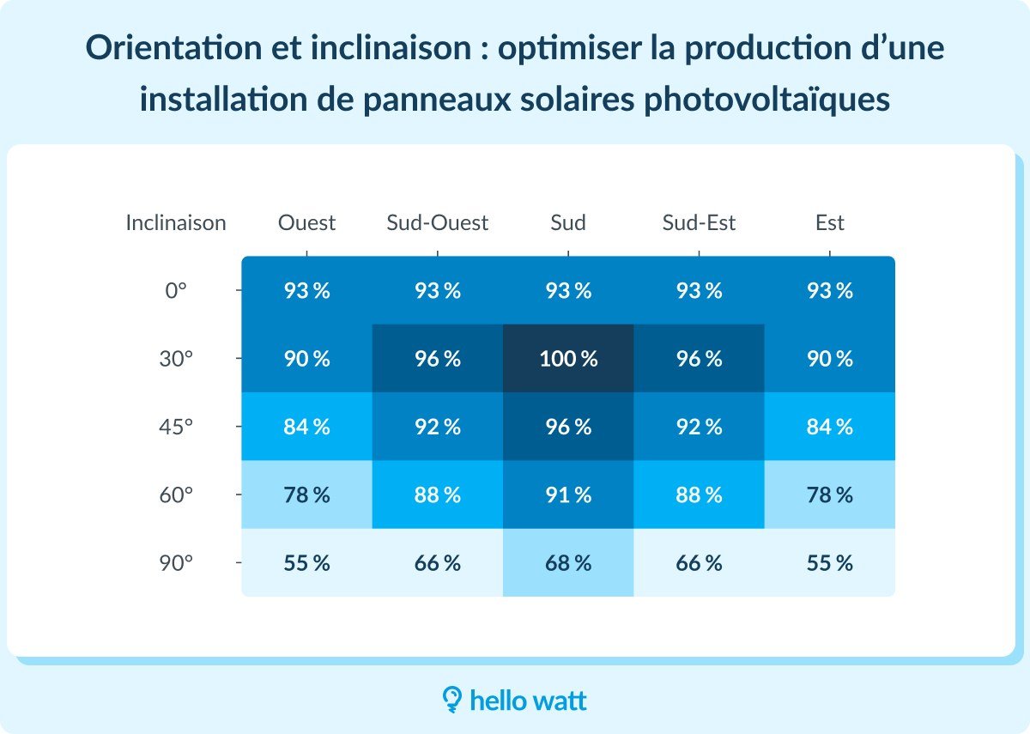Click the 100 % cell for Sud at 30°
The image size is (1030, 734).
click(x=568, y=359)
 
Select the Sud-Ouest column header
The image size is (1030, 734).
click(x=437, y=223)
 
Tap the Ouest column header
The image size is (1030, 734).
click(x=306, y=223)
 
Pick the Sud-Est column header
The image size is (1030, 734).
click(x=699, y=223)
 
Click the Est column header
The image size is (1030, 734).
click(x=829, y=223)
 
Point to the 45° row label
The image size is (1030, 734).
click(x=176, y=427)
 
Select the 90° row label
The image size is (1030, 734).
click(x=176, y=563)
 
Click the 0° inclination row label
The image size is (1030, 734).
click(x=176, y=291)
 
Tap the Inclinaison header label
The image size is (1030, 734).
click(x=176, y=223)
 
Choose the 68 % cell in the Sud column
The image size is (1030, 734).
click(x=568, y=563)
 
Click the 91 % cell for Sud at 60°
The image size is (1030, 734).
click(x=568, y=495)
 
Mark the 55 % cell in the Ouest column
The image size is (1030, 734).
click(x=306, y=563)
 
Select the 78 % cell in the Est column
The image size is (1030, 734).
click(x=829, y=495)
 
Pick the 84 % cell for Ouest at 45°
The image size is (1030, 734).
click(x=306, y=427)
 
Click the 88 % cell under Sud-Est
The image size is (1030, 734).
click(x=699, y=495)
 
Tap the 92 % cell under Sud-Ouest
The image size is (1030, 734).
click(x=437, y=427)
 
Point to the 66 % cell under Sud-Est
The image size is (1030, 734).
click(x=699, y=563)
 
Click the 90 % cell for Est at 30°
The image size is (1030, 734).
click(x=829, y=359)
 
